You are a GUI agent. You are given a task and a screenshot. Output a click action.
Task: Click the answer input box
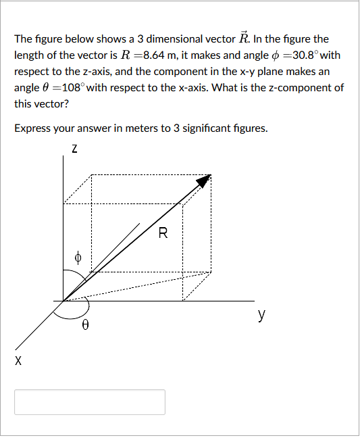click(90, 401)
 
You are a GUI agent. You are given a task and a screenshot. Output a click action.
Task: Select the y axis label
click(261, 314)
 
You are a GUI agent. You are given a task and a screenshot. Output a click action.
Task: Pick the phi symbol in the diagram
click(78, 257)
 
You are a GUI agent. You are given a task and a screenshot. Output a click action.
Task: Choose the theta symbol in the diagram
click(84, 325)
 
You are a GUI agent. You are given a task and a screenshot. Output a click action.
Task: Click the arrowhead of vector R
click(204, 180)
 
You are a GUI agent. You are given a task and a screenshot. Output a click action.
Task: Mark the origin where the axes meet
click(63, 301)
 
